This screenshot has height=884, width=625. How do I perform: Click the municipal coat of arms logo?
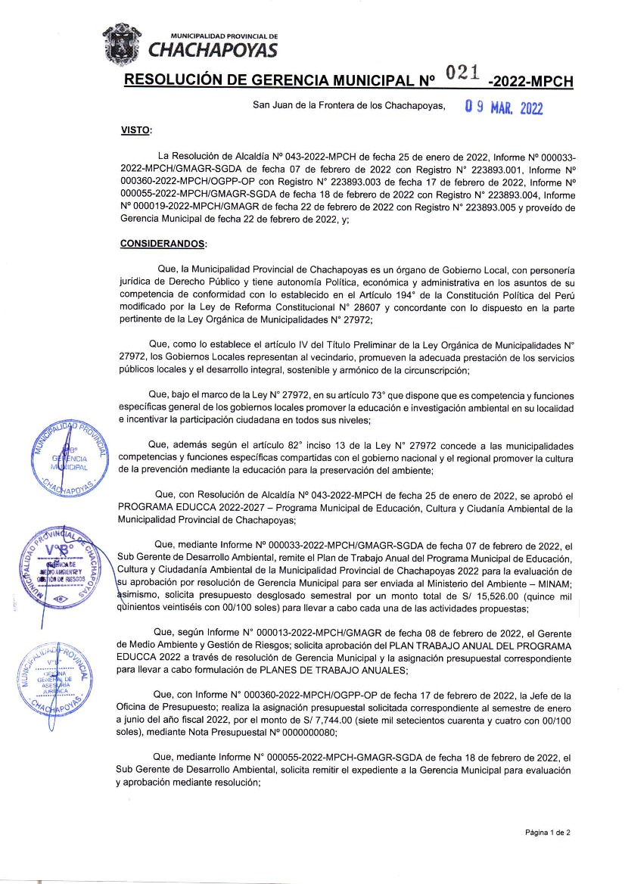[x=123, y=42]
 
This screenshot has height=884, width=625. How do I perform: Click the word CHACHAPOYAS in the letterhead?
[x=213, y=51]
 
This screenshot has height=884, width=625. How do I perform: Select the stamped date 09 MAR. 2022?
[x=504, y=107]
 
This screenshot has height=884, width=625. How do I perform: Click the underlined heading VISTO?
[x=135, y=131]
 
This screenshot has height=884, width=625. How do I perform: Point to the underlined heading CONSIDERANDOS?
[x=163, y=244]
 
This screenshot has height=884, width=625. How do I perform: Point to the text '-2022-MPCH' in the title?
[x=531, y=81]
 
